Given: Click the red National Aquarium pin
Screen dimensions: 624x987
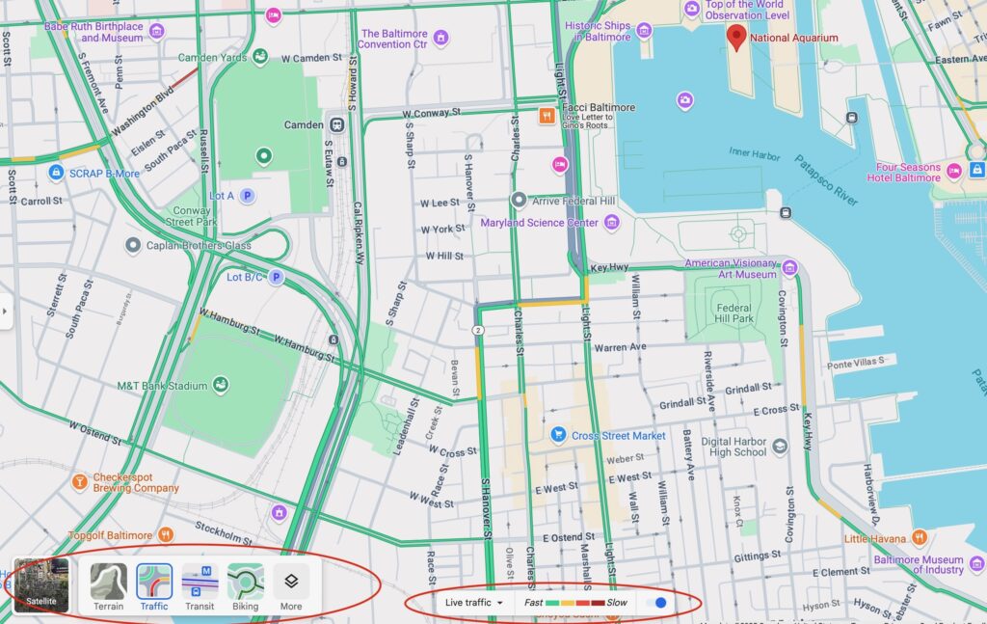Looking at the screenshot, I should (x=737, y=38).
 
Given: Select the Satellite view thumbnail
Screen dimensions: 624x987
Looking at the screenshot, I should (x=41, y=585).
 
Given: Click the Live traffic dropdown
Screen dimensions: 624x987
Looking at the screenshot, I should (x=474, y=603).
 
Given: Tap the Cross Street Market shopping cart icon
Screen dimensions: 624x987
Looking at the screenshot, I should (x=557, y=436).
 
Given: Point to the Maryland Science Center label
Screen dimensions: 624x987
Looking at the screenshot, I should (x=540, y=223).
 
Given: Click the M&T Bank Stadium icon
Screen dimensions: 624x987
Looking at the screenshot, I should (x=221, y=386).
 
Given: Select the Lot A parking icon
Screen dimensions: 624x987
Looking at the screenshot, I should (x=247, y=196).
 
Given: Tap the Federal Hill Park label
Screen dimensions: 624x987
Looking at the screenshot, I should (x=734, y=312).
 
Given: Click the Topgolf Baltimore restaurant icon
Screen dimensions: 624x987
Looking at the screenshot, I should (x=167, y=535).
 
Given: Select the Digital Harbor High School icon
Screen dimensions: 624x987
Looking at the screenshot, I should (x=780, y=446).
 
